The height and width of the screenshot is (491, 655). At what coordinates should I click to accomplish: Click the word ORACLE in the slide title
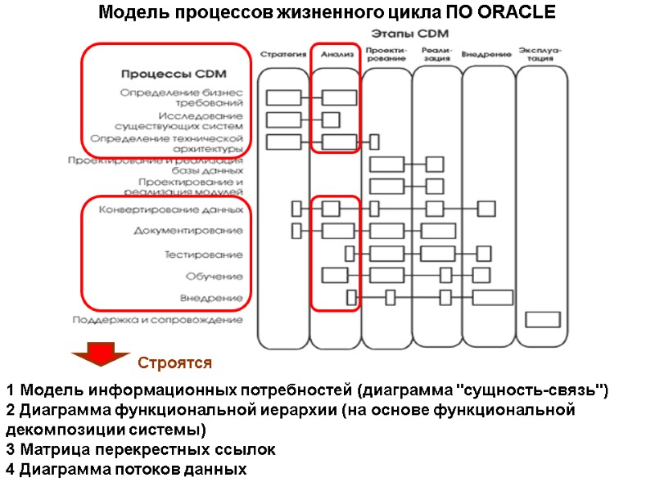[x=514, y=13]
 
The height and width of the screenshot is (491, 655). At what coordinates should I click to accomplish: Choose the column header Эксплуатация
[x=540, y=54]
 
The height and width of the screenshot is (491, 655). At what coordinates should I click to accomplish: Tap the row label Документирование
[x=188, y=232]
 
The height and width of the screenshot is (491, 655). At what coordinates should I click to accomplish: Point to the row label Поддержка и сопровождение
[x=157, y=320]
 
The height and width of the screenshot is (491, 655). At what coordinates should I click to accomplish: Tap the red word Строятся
[x=174, y=363]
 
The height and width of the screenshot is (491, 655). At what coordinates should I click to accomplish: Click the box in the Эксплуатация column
[x=542, y=318]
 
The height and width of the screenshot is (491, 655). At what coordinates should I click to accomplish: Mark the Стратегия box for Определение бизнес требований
[x=283, y=98]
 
